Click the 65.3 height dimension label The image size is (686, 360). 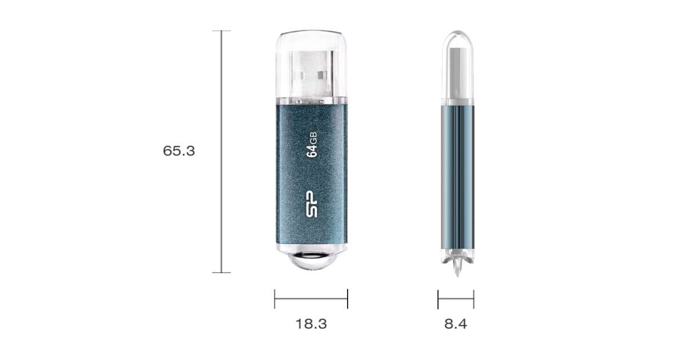point(179,151)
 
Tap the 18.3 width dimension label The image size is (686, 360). point(311,324)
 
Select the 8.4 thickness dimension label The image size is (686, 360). point(456,324)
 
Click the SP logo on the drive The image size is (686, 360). point(312,204)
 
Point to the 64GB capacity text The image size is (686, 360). point(312,145)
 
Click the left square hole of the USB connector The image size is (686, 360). point(299,75)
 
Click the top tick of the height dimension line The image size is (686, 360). point(221,31)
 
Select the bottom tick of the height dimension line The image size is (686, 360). point(221,273)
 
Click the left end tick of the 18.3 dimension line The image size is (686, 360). point(275,299)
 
